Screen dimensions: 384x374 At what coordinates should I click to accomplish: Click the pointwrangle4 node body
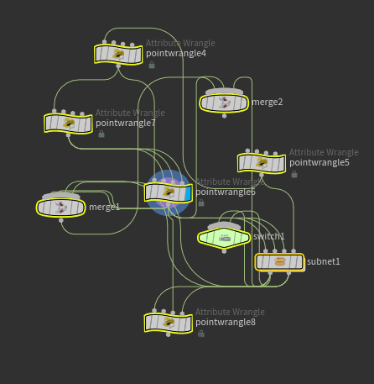(118, 54)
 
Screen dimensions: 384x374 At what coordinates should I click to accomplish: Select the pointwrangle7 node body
(68, 123)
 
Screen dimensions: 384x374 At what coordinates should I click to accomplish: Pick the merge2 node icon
(224, 103)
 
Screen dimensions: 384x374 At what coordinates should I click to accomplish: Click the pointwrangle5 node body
(262, 162)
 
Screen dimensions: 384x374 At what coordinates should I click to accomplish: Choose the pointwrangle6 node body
(168, 192)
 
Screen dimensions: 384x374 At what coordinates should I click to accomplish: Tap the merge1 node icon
(60, 207)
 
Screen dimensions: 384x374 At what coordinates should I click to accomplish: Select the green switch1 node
(225, 237)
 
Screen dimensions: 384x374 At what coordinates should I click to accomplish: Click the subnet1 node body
(279, 261)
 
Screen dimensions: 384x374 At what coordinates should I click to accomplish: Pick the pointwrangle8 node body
(168, 322)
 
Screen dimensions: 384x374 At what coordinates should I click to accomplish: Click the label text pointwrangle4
(176, 54)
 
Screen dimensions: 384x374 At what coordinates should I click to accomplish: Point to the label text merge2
(268, 103)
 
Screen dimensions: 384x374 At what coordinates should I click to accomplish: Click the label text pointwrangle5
(319, 162)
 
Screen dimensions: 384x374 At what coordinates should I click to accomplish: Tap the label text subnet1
(324, 261)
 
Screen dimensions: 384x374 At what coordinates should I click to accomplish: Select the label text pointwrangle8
(226, 322)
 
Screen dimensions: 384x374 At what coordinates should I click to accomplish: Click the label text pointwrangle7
(126, 123)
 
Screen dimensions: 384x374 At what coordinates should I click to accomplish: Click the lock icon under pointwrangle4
(152, 65)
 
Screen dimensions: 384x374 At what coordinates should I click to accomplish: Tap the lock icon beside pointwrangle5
(294, 174)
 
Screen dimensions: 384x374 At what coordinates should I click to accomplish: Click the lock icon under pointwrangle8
(201, 334)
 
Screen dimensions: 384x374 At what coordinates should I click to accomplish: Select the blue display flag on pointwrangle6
(189, 192)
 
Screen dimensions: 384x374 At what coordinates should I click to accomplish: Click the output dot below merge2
(224, 116)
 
